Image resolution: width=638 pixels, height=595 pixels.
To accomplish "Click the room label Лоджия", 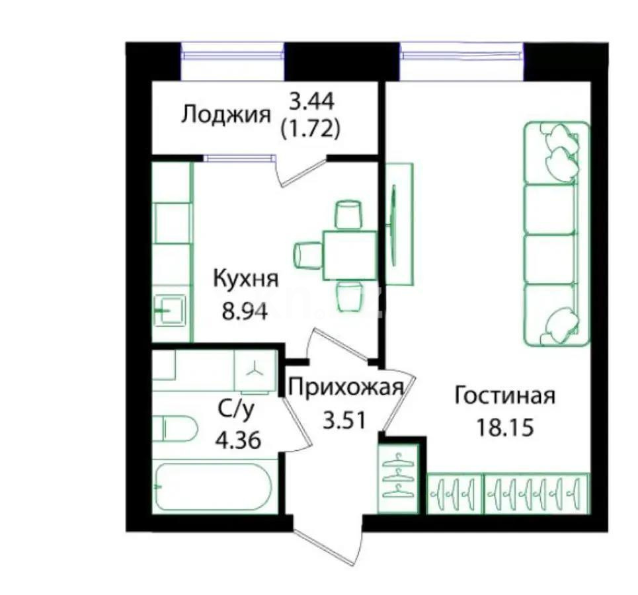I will (226, 115).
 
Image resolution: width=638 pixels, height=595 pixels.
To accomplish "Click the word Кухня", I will (245, 280).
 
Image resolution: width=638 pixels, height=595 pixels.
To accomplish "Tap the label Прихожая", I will (346, 387).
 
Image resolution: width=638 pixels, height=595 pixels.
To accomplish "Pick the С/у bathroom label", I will (236, 410).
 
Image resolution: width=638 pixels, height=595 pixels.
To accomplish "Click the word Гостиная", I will (504, 397).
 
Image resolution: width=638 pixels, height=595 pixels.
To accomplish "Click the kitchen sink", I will (171, 307).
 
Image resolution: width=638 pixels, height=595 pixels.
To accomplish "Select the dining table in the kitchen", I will (349, 255).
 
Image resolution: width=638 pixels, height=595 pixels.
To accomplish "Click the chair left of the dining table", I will (307, 255).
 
